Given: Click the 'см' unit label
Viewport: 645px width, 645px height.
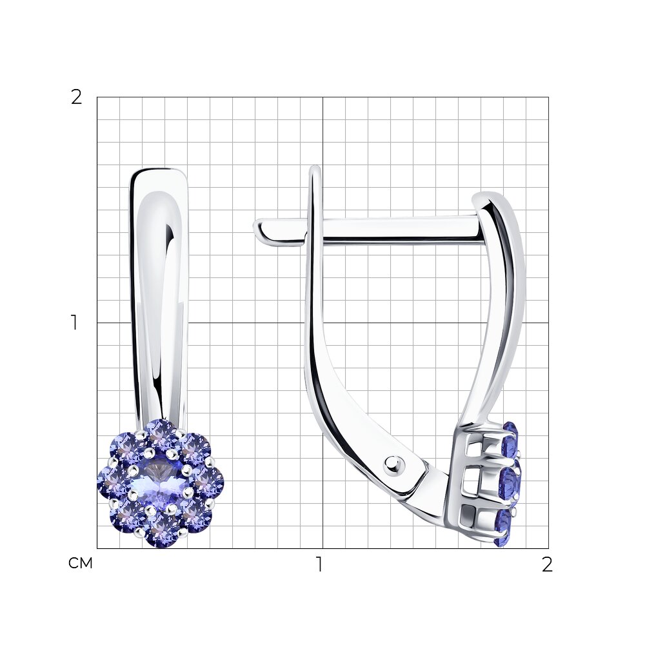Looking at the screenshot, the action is (x=80, y=563).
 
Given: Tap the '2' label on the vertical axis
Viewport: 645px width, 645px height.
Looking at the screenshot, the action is (x=77, y=97).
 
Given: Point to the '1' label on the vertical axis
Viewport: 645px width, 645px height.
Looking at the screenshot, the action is (x=74, y=322).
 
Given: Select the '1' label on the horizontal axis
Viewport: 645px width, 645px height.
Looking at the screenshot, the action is (x=319, y=564).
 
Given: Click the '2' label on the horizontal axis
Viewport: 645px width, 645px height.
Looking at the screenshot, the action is (x=547, y=564).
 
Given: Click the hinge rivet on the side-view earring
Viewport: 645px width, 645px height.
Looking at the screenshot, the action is (x=394, y=466).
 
